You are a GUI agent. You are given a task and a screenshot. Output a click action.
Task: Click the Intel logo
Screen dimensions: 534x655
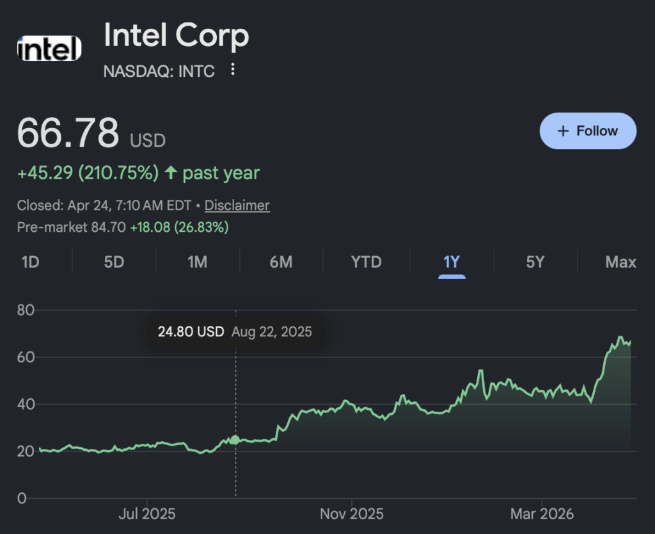tap(50, 49)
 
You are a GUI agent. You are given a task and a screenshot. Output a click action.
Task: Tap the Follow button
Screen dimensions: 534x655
tap(588, 131)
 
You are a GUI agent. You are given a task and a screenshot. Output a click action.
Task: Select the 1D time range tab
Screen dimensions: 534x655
tap(31, 262)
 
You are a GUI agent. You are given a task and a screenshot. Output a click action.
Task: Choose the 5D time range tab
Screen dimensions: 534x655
tap(114, 262)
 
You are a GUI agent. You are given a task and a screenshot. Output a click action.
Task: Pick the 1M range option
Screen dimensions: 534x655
tap(197, 262)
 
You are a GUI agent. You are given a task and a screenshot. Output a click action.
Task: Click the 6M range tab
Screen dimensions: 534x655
tap(281, 262)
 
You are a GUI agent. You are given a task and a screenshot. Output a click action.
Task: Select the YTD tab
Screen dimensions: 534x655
tap(367, 262)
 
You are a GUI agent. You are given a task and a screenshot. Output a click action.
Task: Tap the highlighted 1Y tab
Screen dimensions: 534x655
tap(452, 262)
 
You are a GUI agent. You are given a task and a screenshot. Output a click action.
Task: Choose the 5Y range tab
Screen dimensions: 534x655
tap(535, 262)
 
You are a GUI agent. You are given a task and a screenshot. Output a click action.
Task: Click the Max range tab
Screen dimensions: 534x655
tap(620, 262)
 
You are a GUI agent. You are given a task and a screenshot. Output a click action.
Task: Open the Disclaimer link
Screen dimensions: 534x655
tap(237, 206)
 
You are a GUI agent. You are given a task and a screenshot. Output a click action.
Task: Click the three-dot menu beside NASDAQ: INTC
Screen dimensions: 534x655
tap(233, 69)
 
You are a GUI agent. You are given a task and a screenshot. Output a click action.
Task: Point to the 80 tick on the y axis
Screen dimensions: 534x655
tap(25, 310)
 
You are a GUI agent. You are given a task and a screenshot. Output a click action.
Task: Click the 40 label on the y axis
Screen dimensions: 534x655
tap(25, 404)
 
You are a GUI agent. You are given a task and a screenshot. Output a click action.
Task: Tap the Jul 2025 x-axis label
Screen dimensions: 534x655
tap(147, 514)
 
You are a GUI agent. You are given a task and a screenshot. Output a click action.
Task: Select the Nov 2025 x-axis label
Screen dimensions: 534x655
tap(352, 514)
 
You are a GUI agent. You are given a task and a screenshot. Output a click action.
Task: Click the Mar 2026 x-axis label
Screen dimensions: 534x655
tap(542, 514)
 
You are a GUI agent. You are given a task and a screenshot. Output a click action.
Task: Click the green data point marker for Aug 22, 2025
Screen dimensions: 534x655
tap(235, 440)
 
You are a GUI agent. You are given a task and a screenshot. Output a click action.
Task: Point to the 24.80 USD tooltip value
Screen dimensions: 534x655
tap(191, 332)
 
